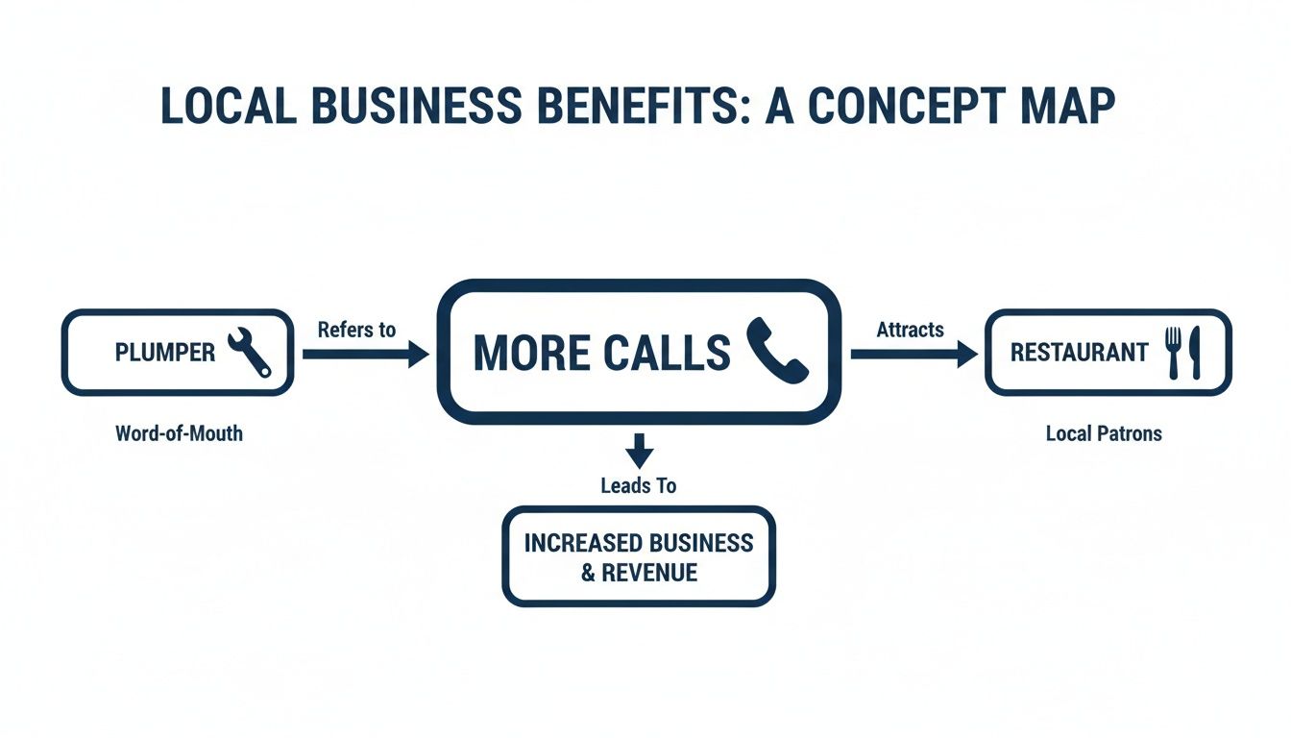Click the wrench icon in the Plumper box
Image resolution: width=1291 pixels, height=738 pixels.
coord(249,352)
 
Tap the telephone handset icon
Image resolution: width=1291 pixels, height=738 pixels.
coord(777,352)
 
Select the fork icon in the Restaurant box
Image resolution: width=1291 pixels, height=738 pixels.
coord(1173,352)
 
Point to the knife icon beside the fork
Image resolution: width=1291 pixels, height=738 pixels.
coord(1195,352)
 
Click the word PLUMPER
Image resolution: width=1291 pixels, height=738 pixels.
coord(165,353)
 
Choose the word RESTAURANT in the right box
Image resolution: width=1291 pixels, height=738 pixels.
coord(1079,353)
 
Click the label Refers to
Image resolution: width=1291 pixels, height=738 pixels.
coord(356,330)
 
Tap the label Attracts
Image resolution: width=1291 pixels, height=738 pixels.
coord(910,330)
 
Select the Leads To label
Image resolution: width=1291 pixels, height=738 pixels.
coord(639,485)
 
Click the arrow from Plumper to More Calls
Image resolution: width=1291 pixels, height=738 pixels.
coord(365,355)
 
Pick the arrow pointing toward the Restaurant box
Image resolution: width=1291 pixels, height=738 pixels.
coord(913,355)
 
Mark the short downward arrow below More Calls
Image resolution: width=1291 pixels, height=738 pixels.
coord(639,451)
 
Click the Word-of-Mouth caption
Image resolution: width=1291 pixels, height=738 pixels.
coord(179,433)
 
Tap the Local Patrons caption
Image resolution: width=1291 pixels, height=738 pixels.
coord(1104,433)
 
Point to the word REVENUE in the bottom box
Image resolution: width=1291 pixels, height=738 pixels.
coord(649,573)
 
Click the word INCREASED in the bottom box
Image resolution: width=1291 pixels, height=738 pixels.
coord(574,542)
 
